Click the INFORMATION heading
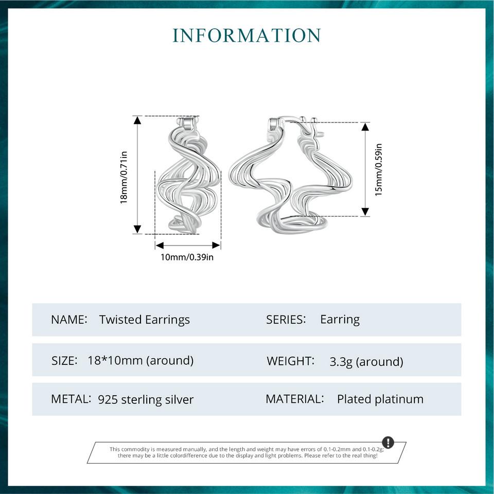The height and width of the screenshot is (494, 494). [x=247, y=36]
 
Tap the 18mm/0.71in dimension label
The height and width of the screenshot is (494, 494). [x=124, y=178]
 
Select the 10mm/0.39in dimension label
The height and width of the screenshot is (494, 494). [x=187, y=257]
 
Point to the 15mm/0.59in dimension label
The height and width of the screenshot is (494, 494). [x=378, y=170]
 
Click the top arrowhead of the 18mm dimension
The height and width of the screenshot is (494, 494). [x=137, y=120]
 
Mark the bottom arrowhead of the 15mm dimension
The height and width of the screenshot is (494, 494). [x=365, y=212]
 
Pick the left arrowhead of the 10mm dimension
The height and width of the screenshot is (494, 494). [x=160, y=245]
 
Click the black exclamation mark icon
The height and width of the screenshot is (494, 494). [x=388, y=443]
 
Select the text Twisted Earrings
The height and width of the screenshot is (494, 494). [x=145, y=320]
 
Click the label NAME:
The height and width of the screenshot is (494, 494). [x=69, y=320]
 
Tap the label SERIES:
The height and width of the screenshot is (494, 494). [x=286, y=320]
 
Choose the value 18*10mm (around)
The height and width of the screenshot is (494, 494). [x=140, y=360]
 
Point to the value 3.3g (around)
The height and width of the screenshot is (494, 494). [x=366, y=362]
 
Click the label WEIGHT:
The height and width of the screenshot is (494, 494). [x=290, y=361]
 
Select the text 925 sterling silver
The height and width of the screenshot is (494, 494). [x=146, y=399]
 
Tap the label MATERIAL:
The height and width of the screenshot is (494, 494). [x=294, y=399]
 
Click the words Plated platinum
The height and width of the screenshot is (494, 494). [x=380, y=399]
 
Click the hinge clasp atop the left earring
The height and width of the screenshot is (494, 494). [x=188, y=123]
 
